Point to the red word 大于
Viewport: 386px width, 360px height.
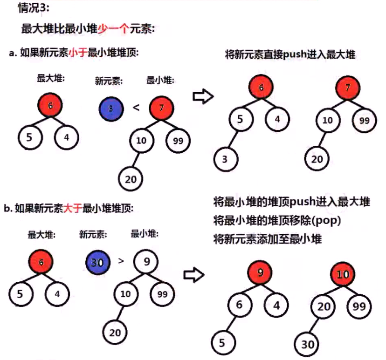[73, 208]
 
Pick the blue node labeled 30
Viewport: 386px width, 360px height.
[98, 262]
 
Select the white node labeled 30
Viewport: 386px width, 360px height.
[307, 344]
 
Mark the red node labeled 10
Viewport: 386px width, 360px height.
[343, 274]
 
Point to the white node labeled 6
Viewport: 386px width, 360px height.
[239, 306]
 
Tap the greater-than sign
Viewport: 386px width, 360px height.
[122, 261]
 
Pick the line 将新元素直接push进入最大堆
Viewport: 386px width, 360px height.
[289, 54]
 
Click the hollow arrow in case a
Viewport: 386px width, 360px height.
[203, 96]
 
